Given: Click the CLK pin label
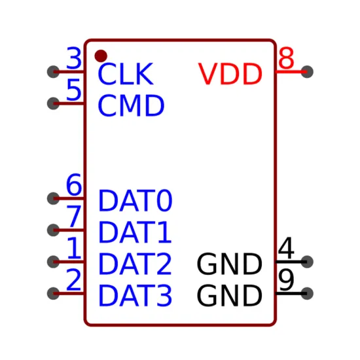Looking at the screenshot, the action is [x=126, y=74].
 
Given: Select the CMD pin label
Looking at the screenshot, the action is [x=131, y=105].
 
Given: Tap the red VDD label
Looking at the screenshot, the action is [x=230, y=74].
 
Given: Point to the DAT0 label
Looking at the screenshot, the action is [x=135, y=200].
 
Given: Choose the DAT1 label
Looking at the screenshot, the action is [x=135, y=232].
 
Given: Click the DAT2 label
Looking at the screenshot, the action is [x=135, y=264].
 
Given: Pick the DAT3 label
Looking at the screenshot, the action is [x=135, y=295].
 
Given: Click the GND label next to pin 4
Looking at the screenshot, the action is [x=229, y=264].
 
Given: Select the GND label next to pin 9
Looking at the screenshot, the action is [x=229, y=295].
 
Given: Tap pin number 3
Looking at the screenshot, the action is [x=74, y=58].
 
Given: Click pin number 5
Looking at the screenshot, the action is [x=74, y=90].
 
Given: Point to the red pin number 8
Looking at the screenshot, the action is [x=286, y=58].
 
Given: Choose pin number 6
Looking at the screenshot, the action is [x=74, y=185].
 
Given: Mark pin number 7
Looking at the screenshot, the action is [x=74, y=216].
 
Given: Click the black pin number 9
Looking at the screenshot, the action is [x=286, y=279].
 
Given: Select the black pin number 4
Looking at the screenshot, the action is [x=286, y=248].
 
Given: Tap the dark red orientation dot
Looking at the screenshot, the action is [x=101, y=56].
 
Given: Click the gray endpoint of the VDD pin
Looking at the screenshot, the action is [x=307, y=71].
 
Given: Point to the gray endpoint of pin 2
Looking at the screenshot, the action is [x=53, y=293].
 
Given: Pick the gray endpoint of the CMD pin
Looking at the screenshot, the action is [x=53, y=103].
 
